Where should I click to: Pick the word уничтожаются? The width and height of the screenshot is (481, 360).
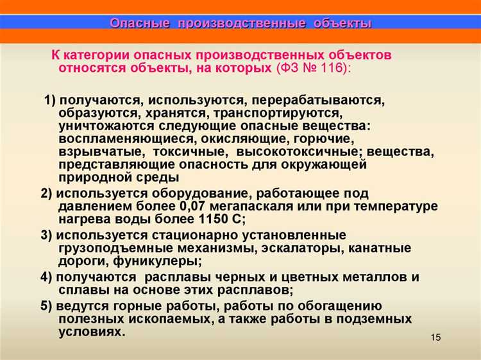point(98,126)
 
